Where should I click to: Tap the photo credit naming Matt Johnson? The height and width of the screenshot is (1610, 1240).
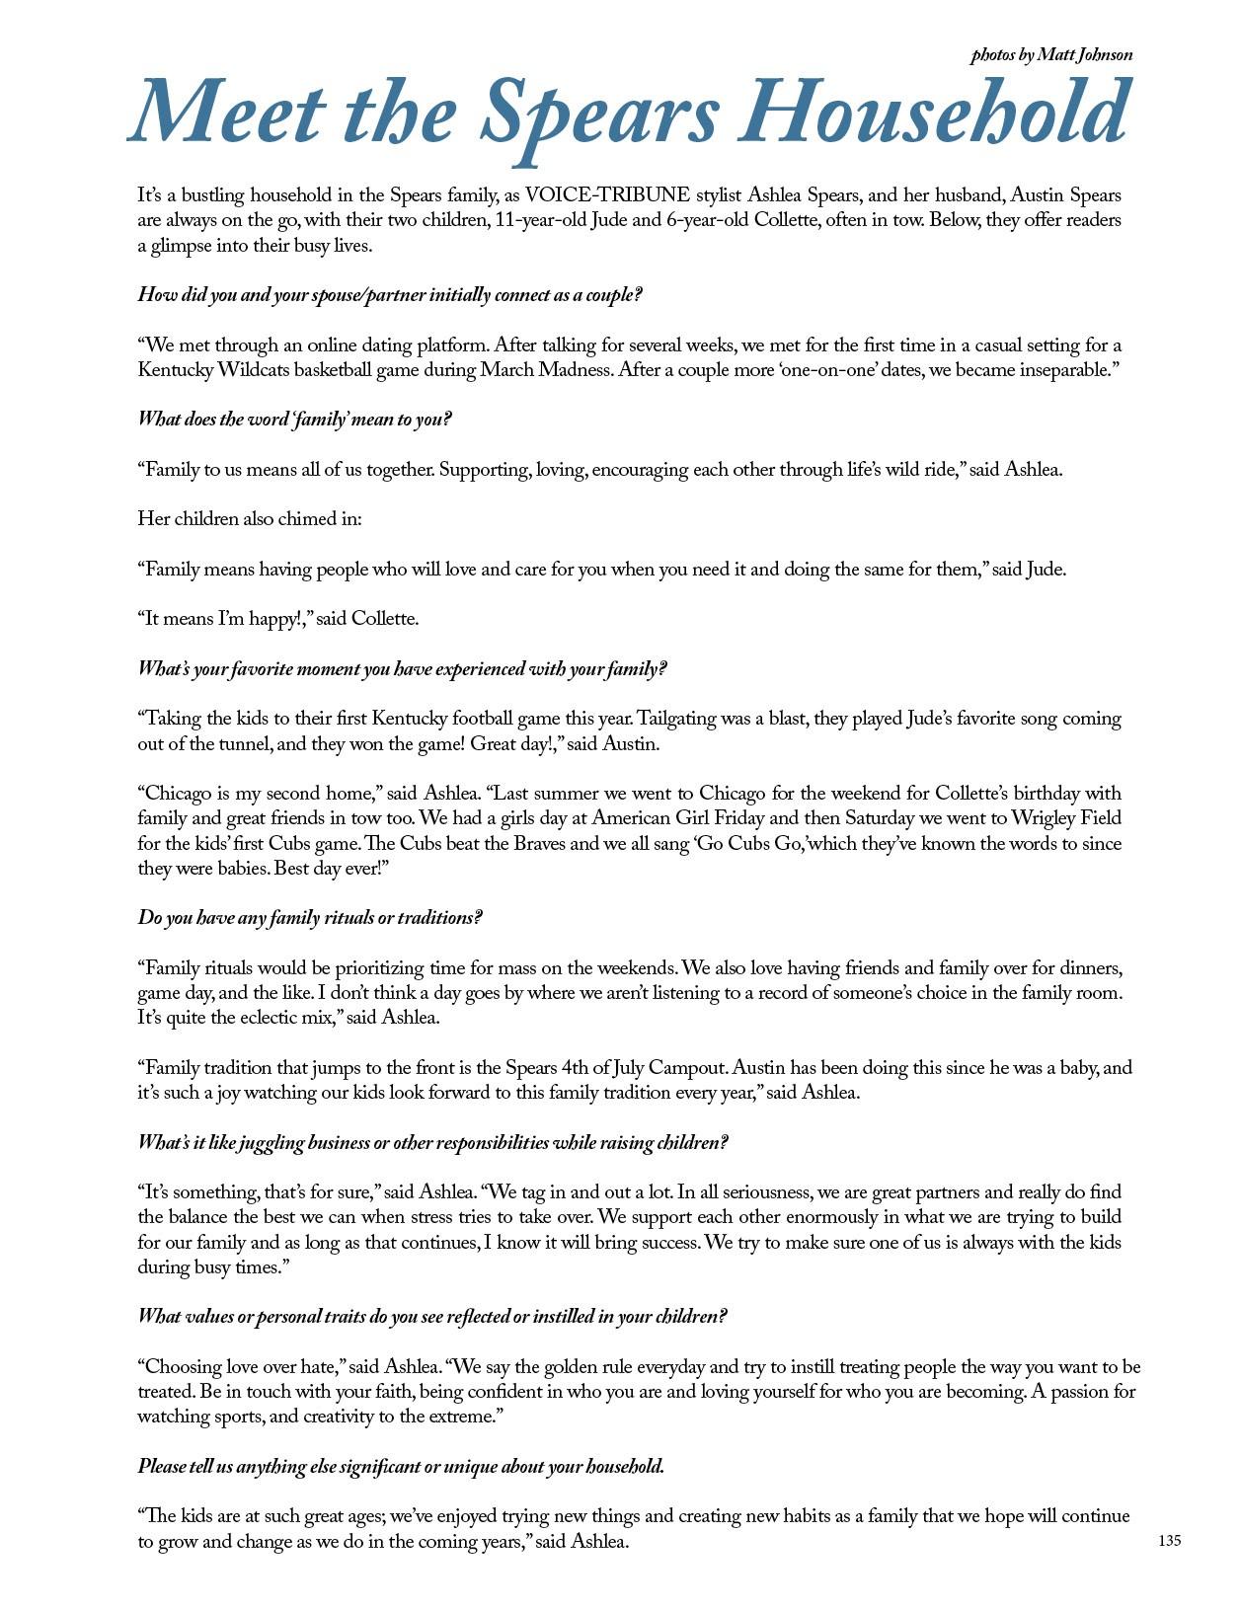tap(1051, 55)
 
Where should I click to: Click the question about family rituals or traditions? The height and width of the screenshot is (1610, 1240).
tap(310, 918)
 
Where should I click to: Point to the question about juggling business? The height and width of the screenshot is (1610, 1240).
tap(432, 1143)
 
